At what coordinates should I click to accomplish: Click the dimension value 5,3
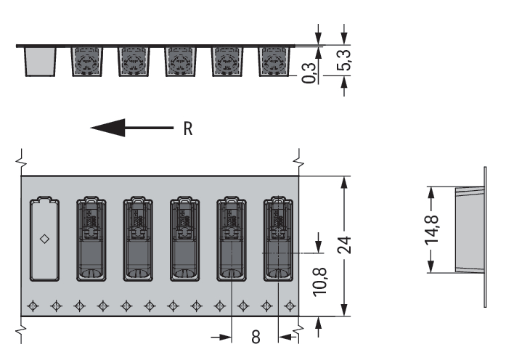coord(343,60)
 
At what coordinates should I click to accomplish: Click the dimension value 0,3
coord(309,73)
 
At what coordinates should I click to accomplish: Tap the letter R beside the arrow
coord(188,128)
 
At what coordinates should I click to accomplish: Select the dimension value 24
coord(344,245)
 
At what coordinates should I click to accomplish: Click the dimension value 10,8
coord(320,282)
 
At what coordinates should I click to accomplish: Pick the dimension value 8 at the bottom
coord(256,337)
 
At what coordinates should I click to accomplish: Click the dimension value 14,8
coord(431,229)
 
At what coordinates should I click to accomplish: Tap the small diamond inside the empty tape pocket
coord(44,239)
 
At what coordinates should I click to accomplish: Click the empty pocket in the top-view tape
coord(44,239)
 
